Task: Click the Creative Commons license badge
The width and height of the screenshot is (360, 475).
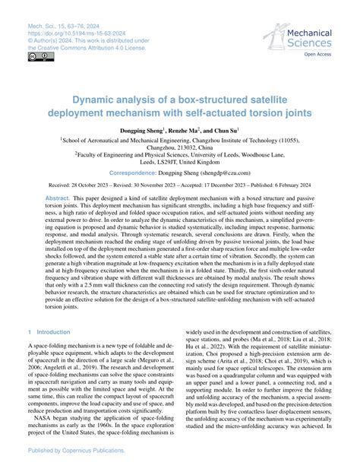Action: (36, 56)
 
